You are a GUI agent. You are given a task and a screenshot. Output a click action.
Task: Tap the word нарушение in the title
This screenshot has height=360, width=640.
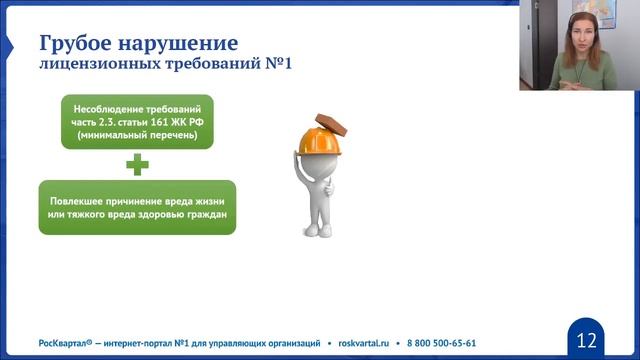click(184, 44)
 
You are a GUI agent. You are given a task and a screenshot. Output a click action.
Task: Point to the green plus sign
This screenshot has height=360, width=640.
click(137, 164)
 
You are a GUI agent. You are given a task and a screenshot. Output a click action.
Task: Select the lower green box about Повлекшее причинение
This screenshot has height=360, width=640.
click(137, 207)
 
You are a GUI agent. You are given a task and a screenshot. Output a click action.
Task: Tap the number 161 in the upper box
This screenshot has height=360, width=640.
click(166, 120)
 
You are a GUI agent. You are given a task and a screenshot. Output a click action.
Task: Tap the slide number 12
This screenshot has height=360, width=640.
click(587, 336)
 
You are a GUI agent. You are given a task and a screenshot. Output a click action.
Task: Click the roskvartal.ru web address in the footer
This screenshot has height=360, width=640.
click(367, 341)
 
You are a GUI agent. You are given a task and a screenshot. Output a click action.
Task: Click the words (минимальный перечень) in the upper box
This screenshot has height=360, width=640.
click(137, 134)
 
